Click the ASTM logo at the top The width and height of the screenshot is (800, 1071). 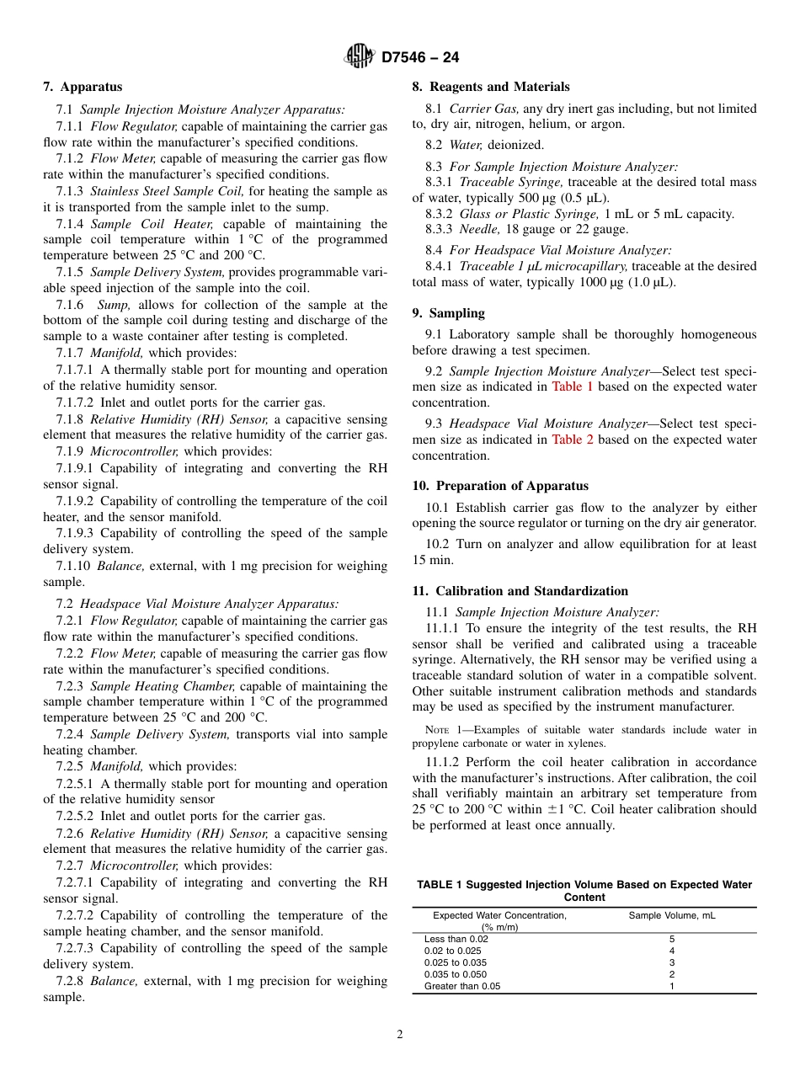pos(360,57)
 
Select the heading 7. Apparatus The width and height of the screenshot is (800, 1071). pos(83,87)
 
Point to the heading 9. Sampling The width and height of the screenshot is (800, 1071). pos(448,313)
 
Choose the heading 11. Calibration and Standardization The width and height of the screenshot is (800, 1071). pos(520,591)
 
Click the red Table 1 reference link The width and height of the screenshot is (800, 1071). pos(573,387)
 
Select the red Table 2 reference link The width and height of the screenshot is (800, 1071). pos(573,440)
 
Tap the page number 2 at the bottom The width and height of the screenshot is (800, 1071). pos(400,1035)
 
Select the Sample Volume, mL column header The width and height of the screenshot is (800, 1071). pos(671,915)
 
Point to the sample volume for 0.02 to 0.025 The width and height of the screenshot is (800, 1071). pos(671,951)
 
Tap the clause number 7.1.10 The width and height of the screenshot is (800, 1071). pos(73,566)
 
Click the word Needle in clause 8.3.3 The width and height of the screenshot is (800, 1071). pos(480,230)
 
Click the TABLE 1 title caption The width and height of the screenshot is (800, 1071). pos(584,891)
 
